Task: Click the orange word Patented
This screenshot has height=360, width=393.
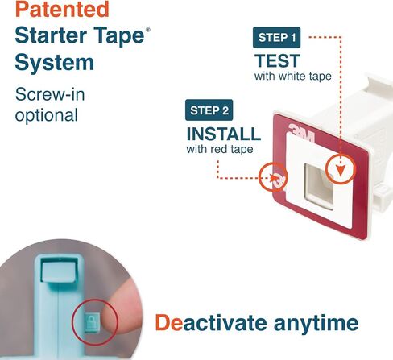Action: (62, 9)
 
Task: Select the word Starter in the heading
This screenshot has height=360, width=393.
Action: (51, 35)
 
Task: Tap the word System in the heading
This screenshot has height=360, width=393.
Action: (55, 62)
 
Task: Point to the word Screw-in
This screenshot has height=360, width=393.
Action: (50, 94)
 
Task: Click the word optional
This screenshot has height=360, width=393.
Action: (47, 115)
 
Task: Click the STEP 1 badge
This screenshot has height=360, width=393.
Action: (276, 38)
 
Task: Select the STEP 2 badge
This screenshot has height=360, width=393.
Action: (209, 110)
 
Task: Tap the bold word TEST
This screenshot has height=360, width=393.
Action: (277, 60)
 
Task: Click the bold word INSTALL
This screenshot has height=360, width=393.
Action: (224, 134)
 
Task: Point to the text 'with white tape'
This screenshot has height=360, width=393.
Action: (293, 77)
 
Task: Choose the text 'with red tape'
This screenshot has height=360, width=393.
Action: (220, 149)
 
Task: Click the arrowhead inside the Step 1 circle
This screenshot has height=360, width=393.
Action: (341, 171)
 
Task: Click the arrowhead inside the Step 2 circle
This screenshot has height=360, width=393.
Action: (275, 178)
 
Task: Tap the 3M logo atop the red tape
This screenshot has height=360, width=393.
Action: (301, 133)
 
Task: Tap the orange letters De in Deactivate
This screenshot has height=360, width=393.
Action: (169, 323)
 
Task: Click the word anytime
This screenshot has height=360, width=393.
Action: (316, 323)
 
